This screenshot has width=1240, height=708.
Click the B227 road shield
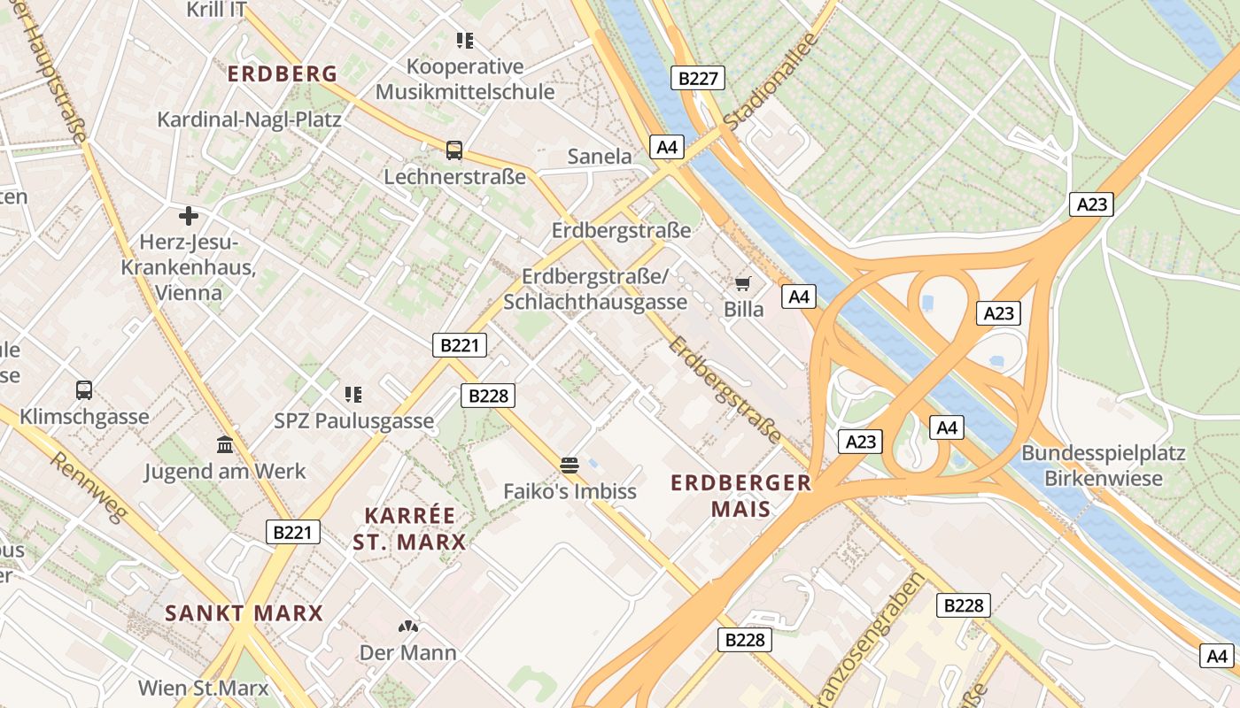(698, 78)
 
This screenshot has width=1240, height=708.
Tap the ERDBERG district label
(283, 73)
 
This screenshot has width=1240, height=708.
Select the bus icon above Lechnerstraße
(454, 150)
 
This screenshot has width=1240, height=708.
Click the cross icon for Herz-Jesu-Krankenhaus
(188, 215)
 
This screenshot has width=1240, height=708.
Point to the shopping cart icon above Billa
(742, 284)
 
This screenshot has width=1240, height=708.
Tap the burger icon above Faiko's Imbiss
(570, 465)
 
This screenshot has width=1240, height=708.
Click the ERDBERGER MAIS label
(740, 496)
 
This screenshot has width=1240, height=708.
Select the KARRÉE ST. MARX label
(410, 528)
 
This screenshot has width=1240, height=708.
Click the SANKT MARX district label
(244, 612)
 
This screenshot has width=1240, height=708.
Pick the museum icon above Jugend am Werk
(225, 444)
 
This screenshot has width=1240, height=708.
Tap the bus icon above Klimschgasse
(84, 389)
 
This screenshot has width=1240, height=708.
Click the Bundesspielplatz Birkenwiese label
(1103, 466)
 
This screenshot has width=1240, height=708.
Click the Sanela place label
(600, 157)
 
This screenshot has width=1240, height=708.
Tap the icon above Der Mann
(407, 627)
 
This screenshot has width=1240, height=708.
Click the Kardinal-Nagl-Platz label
(249, 119)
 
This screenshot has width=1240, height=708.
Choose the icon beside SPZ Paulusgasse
(353, 394)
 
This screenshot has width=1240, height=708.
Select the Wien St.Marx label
(203, 687)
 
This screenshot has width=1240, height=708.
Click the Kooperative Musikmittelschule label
(465, 79)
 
